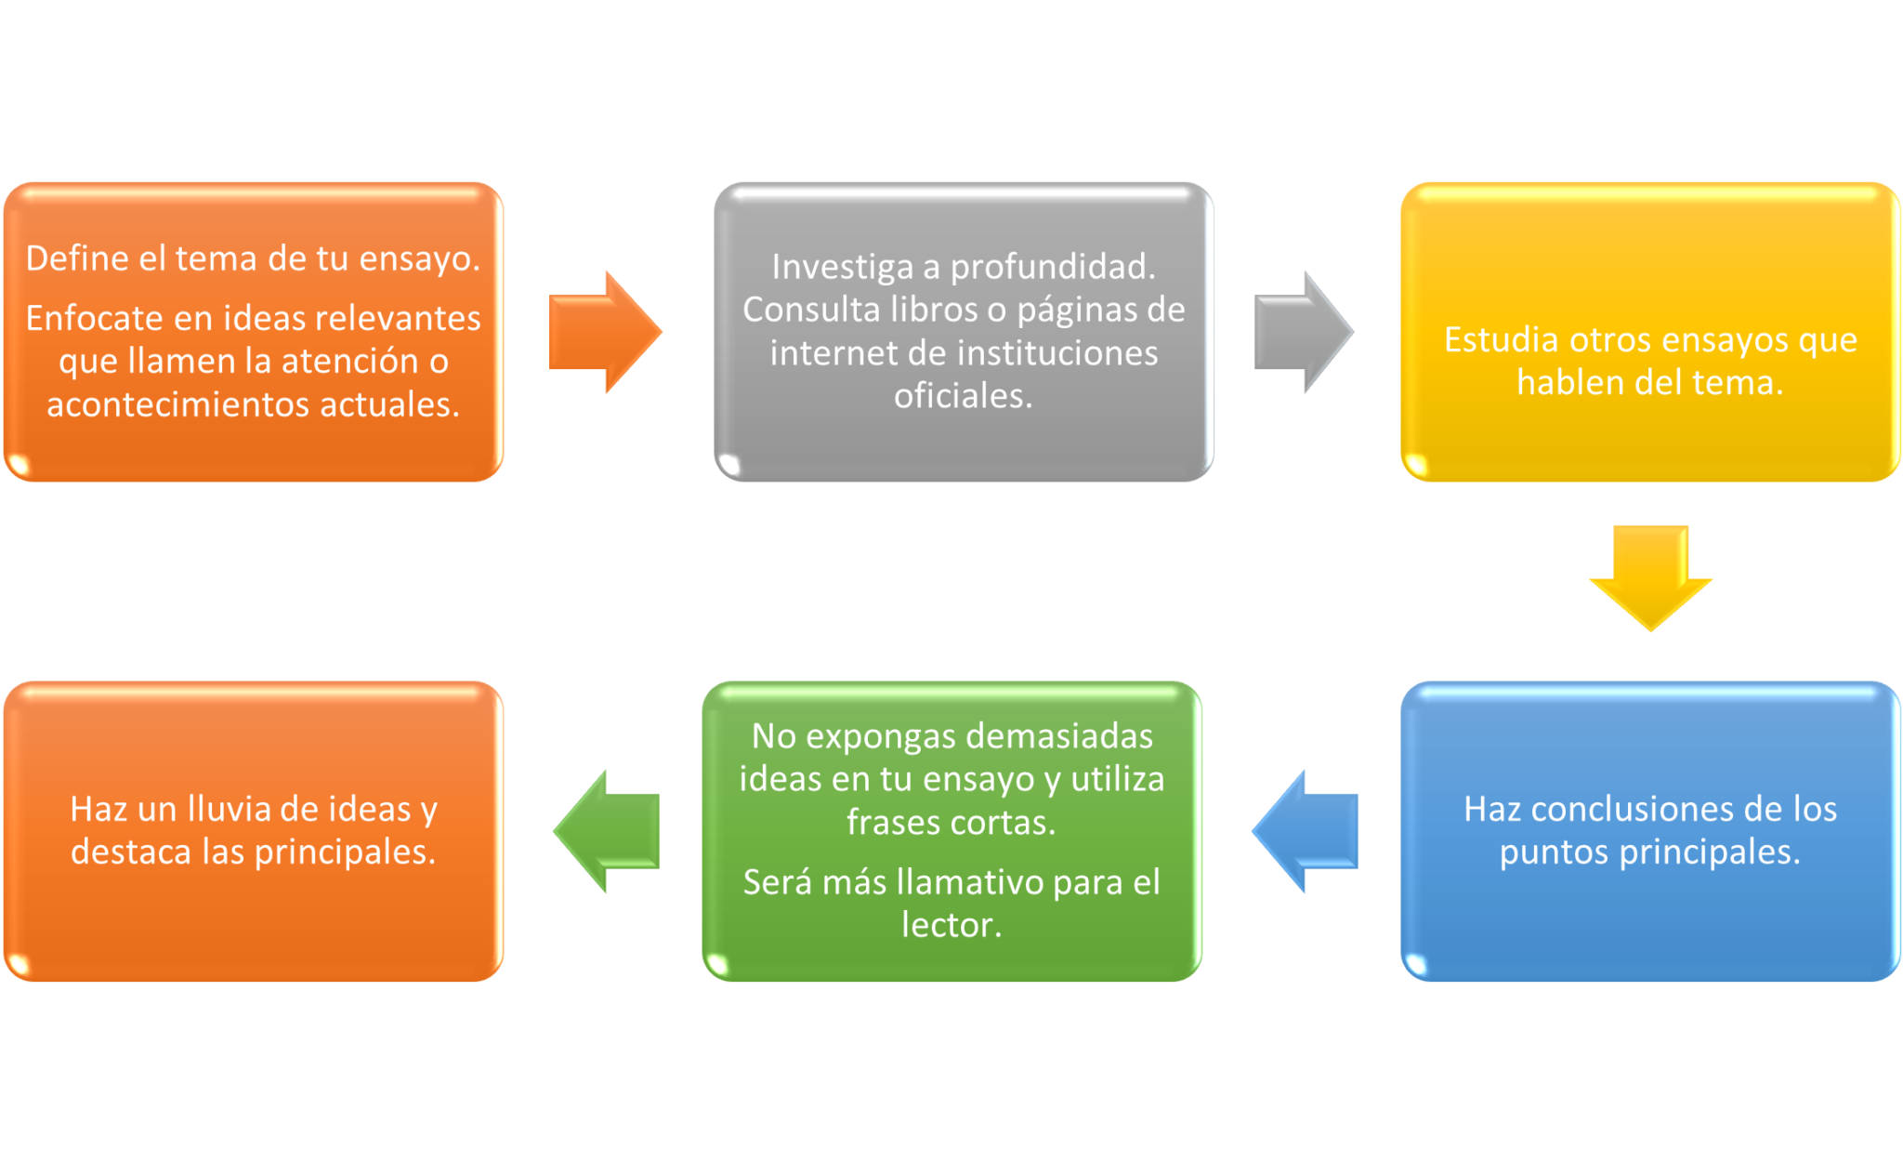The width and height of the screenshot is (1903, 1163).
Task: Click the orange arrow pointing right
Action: point(602,332)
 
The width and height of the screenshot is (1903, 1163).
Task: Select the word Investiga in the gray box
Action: point(843,267)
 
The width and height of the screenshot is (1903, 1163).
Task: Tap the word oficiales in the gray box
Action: point(961,396)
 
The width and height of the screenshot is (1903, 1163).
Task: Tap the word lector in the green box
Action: point(949,925)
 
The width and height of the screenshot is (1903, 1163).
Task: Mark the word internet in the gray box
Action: point(825,353)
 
